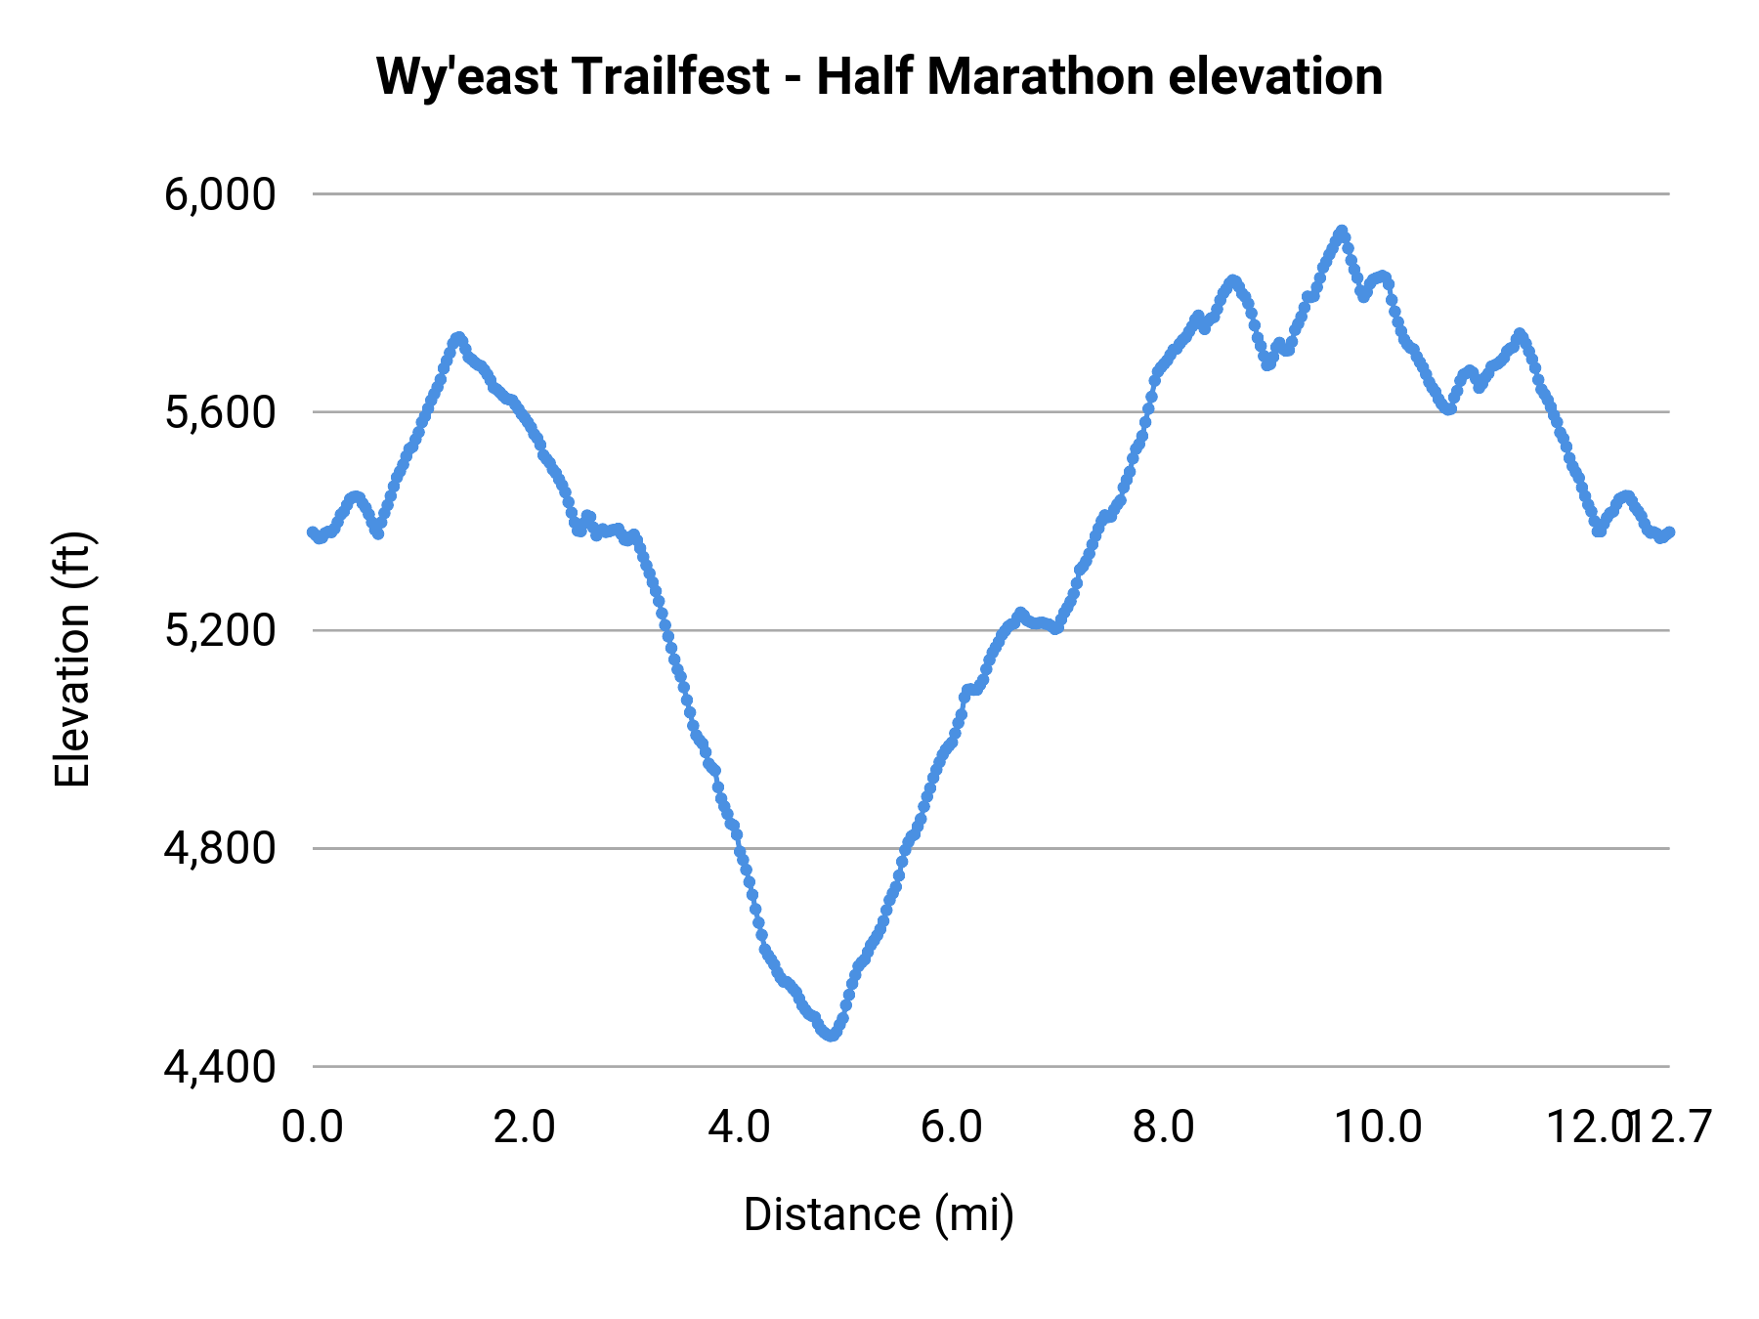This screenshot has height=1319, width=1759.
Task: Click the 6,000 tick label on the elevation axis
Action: coord(220,195)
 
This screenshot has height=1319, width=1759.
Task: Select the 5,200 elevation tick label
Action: coord(220,631)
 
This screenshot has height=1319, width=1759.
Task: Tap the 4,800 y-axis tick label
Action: coord(220,849)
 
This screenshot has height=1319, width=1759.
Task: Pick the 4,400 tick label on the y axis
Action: coord(220,1067)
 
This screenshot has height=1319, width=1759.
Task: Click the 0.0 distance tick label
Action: coord(313,1128)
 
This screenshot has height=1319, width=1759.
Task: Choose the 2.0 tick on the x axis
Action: coord(525,1128)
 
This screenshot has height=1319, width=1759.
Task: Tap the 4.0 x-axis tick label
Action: coord(739,1128)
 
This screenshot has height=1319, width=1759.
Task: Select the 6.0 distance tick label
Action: coord(952,1128)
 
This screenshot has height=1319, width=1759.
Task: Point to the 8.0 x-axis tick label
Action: coord(1164,1128)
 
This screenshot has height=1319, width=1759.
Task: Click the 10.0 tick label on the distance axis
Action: coord(1378,1128)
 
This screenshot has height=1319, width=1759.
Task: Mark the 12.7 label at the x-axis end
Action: coord(1678,1128)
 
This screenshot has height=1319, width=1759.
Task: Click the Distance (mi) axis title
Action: coord(879,1215)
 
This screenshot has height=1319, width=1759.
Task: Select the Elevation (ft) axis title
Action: coord(72,659)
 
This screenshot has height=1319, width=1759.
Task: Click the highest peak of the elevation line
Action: coord(1342,232)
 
